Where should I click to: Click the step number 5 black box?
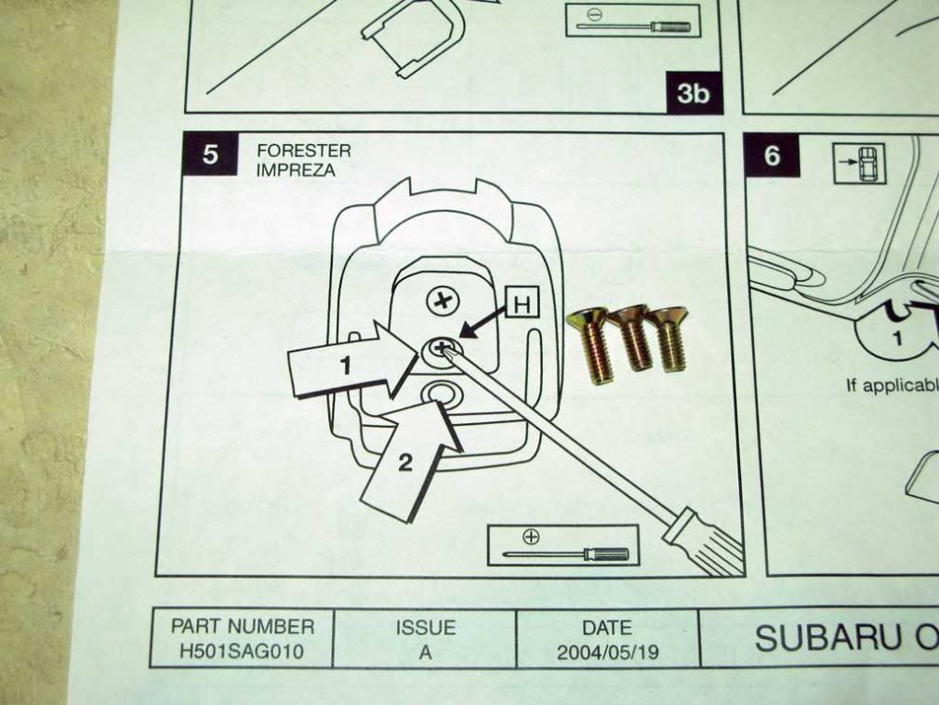click(x=211, y=154)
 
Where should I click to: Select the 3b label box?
click(x=693, y=93)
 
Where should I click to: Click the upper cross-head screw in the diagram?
click(x=442, y=300)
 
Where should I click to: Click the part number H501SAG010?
click(x=241, y=651)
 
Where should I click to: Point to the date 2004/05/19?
click(x=607, y=651)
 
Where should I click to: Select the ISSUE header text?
click(x=424, y=628)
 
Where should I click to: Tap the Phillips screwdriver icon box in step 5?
click(x=563, y=545)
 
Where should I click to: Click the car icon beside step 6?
click(x=860, y=165)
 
